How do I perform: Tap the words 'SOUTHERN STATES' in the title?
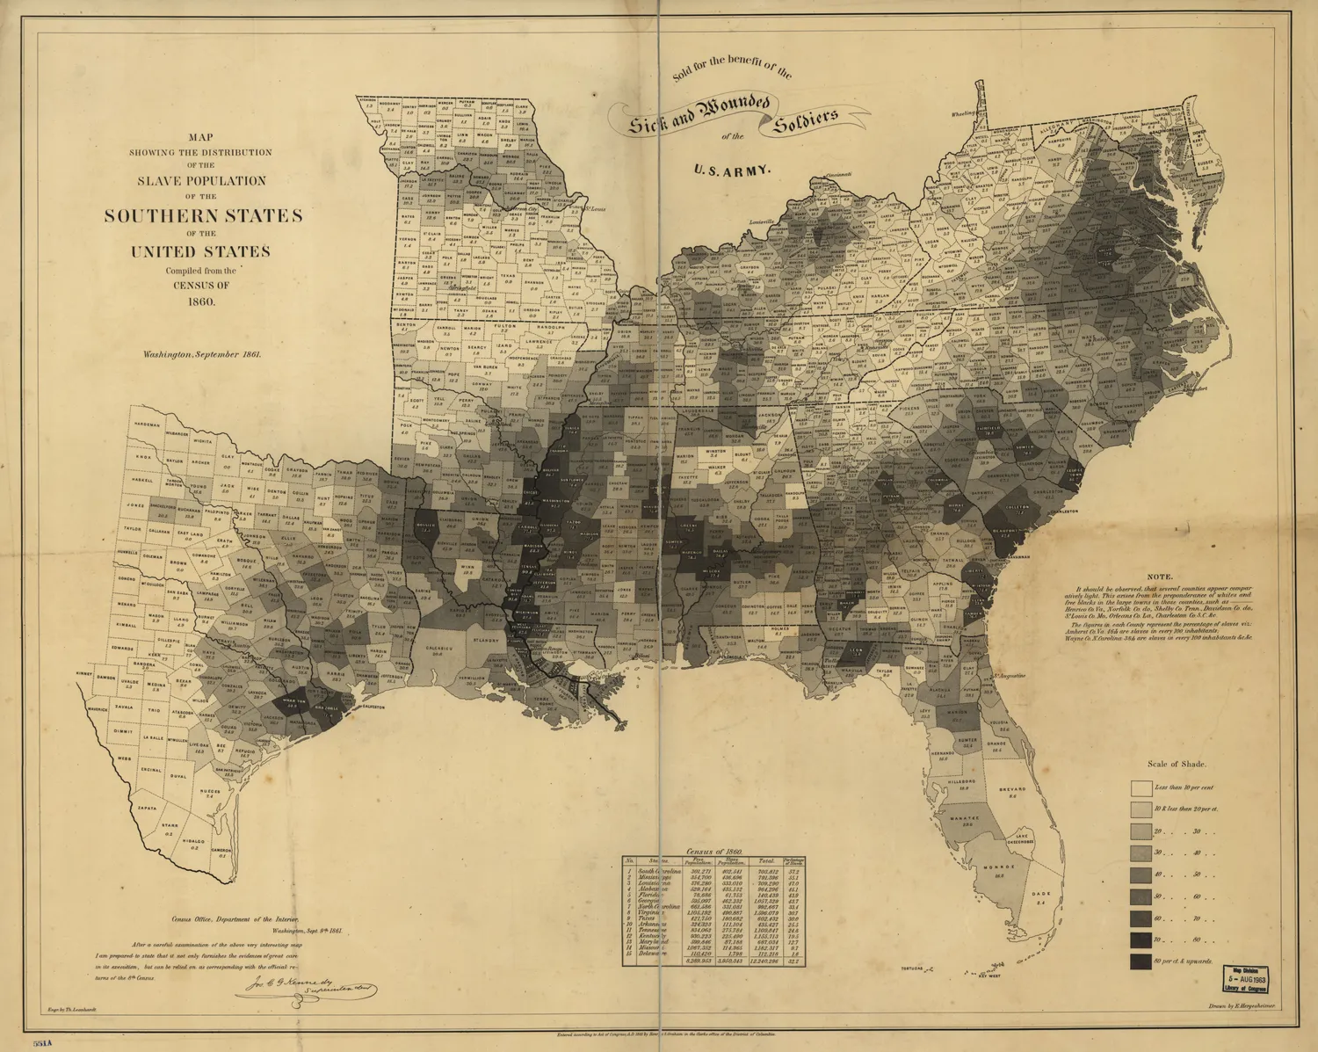pos(203,216)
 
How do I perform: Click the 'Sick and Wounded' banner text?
pos(699,114)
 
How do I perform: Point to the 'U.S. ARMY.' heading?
pos(733,170)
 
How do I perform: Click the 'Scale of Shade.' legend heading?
pos(1177,764)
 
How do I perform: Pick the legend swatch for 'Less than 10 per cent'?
pos(1141,787)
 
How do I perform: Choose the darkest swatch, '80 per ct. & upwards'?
pos(1141,961)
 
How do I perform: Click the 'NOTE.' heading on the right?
pos(1159,577)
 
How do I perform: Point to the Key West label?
pos(991,976)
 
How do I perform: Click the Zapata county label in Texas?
pos(147,807)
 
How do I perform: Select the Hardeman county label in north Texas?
pos(147,424)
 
